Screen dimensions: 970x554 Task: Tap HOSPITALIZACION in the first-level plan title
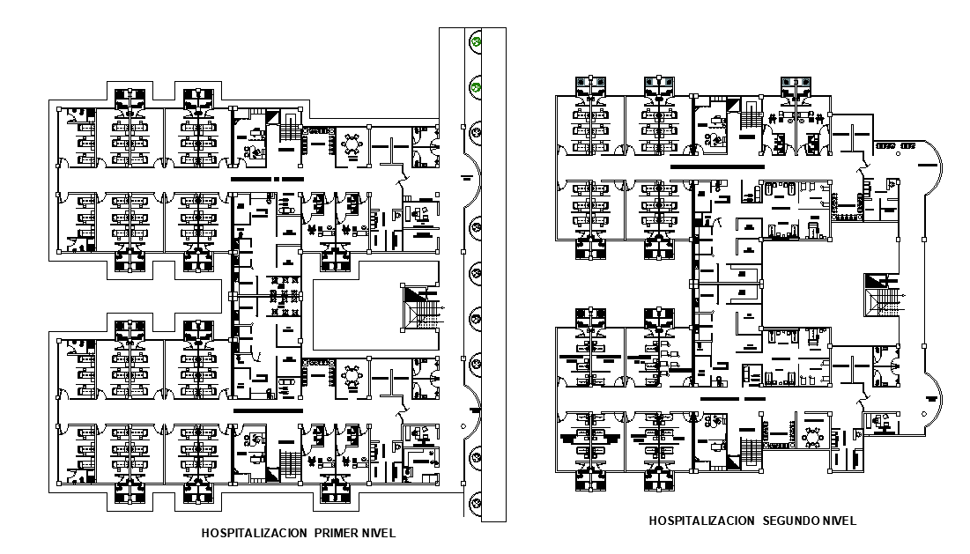[x=255, y=533]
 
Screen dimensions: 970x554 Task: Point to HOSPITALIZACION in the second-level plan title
[x=701, y=521]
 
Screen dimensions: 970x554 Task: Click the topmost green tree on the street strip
[x=477, y=41]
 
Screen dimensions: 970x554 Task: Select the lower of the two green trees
[x=477, y=86]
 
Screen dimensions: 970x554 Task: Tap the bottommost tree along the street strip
[x=477, y=503]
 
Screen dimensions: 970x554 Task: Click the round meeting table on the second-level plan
[x=811, y=437]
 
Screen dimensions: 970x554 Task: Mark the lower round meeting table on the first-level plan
[x=354, y=376]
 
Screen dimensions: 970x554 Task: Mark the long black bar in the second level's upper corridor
[x=715, y=166]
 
